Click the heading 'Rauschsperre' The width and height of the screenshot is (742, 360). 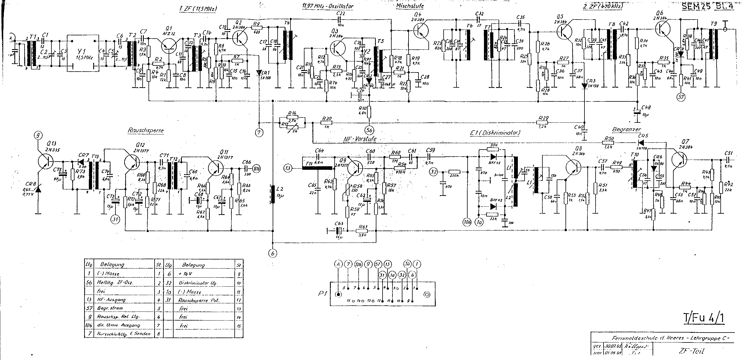point(145,131)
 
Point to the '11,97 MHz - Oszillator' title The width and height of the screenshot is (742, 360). point(328,6)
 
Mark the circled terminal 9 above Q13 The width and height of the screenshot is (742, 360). point(38,135)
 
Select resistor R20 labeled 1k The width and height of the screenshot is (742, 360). point(326,123)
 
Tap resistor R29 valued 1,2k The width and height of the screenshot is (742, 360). point(544,123)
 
